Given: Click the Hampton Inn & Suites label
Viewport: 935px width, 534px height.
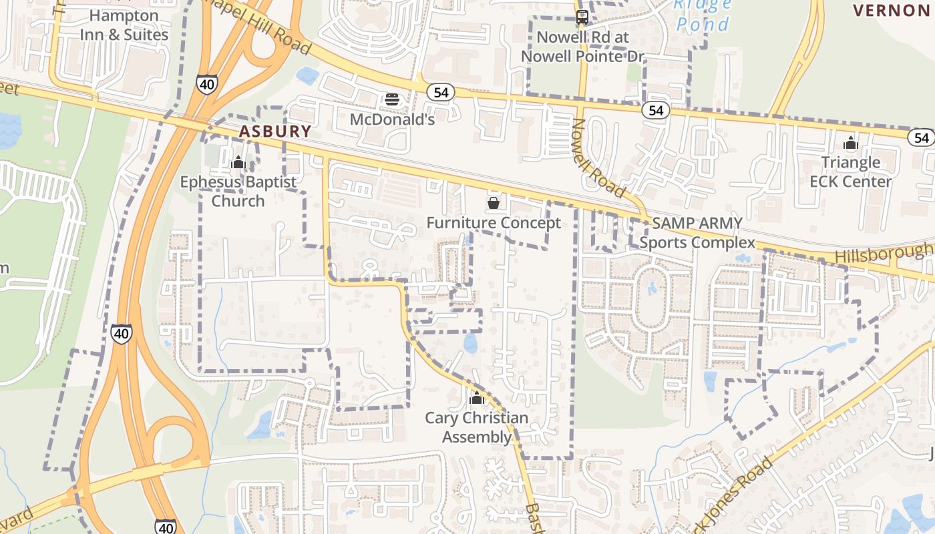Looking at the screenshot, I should (x=124, y=25).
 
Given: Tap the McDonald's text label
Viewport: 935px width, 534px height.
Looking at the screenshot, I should (x=393, y=119).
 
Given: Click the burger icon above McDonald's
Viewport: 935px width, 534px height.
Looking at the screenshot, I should (x=392, y=100).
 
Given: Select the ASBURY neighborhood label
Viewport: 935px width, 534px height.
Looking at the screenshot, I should (x=275, y=131).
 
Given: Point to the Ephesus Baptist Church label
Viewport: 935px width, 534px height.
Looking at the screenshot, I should (x=238, y=191).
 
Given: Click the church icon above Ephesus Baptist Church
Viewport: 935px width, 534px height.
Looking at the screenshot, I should (x=238, y=162).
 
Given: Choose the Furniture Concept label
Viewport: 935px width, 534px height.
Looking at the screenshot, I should (x=494, y=223).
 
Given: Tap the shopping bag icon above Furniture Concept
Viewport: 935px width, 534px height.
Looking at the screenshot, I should (x=494, y=202).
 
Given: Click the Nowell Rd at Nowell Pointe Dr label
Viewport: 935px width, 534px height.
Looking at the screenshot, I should (x=582, y=47).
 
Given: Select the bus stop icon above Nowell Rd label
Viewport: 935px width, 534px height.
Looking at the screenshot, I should (x=582, y=17).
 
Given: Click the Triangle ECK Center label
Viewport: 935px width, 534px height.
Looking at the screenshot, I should (x=850, y=172).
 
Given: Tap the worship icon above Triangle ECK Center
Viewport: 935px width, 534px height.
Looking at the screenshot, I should (x=850, y=143).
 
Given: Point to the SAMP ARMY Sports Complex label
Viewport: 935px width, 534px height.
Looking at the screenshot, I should (x=697, y=233).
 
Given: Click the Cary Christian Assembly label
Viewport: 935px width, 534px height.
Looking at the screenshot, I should (x=476, y=427).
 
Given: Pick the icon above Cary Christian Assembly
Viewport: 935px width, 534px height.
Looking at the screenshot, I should (x=476, y=398).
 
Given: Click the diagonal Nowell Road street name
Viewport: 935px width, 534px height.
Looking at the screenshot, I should (x=598, y=159).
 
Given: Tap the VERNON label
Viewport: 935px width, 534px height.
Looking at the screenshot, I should (x=891, y=10).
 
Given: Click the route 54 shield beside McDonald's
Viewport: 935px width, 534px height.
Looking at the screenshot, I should (x=441, y=93).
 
